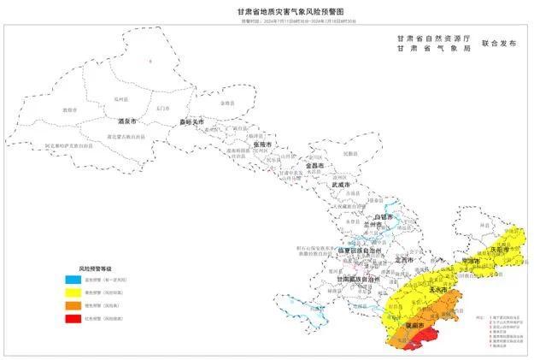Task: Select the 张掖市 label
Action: [262, 145]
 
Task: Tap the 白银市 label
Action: [384, 217]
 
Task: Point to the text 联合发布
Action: [501, 42]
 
